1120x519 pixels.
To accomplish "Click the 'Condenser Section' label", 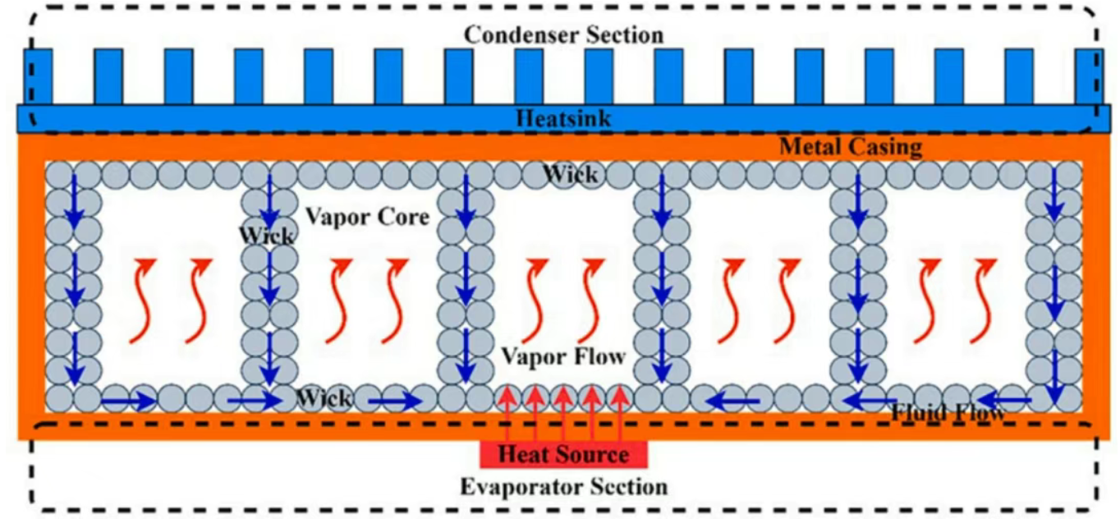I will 563,34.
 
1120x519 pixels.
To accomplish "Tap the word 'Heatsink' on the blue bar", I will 563,118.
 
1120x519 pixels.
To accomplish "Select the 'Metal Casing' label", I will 850,148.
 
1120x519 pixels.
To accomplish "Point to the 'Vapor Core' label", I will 367,218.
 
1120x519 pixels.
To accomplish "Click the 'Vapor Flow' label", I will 563,357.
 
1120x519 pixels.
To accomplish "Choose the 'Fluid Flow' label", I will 948,412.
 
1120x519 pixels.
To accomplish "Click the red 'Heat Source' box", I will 563,454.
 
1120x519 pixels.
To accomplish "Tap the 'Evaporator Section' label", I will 563,486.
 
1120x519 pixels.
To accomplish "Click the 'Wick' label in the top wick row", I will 570,174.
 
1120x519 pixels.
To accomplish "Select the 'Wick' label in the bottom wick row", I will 324,399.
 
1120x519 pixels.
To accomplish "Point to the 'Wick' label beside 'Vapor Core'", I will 265,236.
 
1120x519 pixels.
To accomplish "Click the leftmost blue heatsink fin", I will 38,76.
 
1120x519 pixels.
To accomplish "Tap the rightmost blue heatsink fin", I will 1089,76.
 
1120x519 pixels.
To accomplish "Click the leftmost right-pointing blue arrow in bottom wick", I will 129,402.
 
